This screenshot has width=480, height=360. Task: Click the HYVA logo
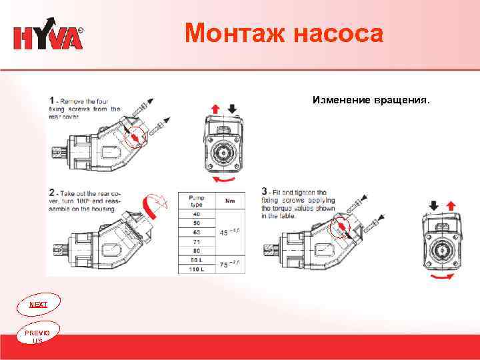coord(49,37)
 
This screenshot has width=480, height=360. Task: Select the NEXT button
coord(39,304)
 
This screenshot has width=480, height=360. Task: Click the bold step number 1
coord(52,100)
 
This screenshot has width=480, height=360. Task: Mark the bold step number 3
coord(265,192)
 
